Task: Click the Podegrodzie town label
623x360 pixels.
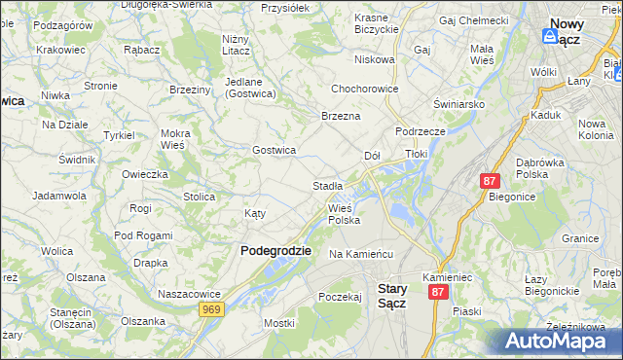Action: pyautogui.click(x=275, y=250)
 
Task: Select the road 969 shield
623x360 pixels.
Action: pyautogui.click(x=210, y=308)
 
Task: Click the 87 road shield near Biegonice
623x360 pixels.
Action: pyautogui.click(x=490, y=181)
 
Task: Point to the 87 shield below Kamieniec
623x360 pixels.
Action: pyautogui.click(x=440, y=292)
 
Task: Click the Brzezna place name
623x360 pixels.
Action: pyautogui.click(x=341, y=116)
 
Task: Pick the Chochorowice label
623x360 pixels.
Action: pyautogui.click(x=370, y=85)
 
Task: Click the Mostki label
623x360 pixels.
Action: pyautogui.click(x=278, y=322)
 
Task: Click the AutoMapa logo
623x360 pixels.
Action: pyautogui.click(x=560, y=340)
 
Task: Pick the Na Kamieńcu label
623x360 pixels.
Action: pyautogui.click(x=360, y=254)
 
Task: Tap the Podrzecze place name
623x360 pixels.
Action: pyautogui.click(x=420, y=130)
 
